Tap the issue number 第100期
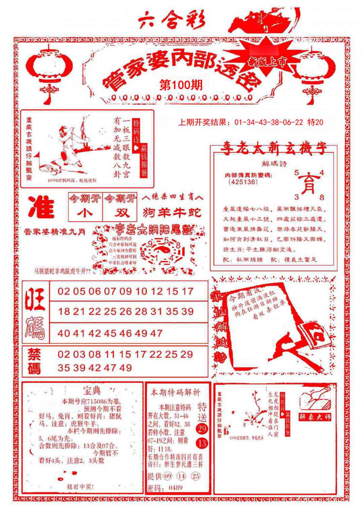[x=181, y=85]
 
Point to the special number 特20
[x=315, y=122]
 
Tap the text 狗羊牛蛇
[x=172, y=212]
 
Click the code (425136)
[x=243, y=182]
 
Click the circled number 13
[x=202, y=443]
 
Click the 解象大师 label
[x=315, y=417]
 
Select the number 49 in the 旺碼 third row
[x=142, y=334]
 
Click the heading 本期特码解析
[x=175, y=392]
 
